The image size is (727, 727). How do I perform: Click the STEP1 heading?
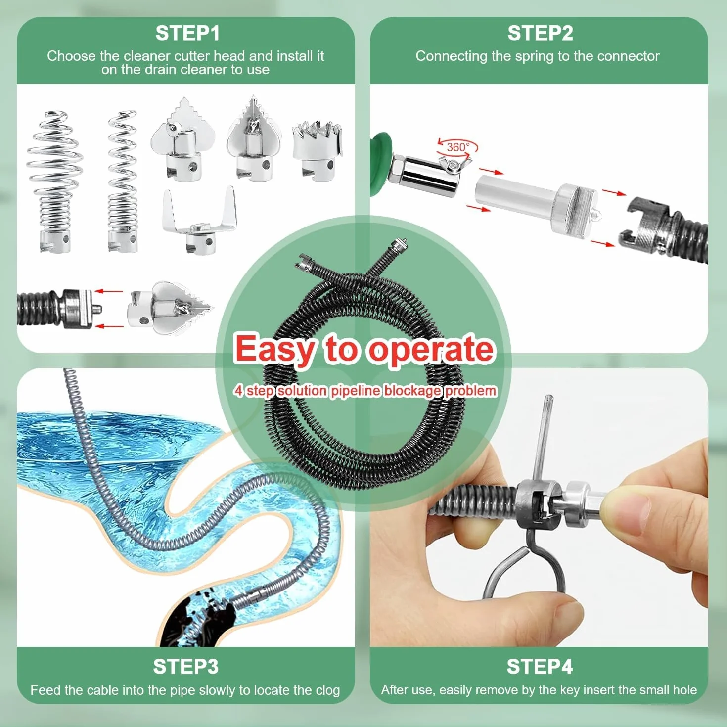pos(187,33)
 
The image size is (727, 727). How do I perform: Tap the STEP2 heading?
pos(540,33)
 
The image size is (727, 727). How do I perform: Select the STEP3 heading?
pos(185,667)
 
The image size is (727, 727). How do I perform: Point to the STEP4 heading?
pos(540,667)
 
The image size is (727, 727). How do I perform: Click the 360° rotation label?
pos(458,147)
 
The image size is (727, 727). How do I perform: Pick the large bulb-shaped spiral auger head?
pos(55,182)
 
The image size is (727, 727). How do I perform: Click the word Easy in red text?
pos(274,349)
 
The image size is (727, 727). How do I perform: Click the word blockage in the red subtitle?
pos(412,391)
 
